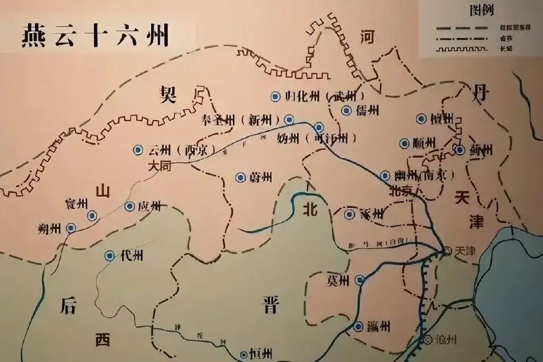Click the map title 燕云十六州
(x=96, y=35)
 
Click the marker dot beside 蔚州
(x=240, y=177)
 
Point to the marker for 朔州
(x=71, y=228)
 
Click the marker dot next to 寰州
(x=92, y=216)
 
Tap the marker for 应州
(x=129, y=206)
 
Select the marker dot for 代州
(x=110, y=255)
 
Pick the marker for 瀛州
(x=358, y=327)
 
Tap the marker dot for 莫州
(x=359, y=280)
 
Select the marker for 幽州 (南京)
(x=385, y=176)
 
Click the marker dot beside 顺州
(x=404, y=143)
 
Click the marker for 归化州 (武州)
(x=275, y=97)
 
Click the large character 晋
(x=270, y=305)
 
